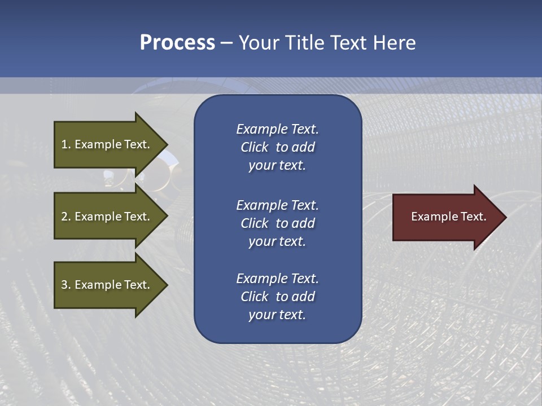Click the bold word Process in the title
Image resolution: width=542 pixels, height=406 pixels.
point(177,42)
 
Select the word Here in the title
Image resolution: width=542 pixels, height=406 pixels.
point(395,42)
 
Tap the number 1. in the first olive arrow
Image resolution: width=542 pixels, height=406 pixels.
point(66,144)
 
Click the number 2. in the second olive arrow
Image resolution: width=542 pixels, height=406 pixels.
point(66,217)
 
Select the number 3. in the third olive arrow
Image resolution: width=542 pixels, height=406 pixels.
point(66,285)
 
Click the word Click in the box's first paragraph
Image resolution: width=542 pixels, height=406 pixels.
point(254,147)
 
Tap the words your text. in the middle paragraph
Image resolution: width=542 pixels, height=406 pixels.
point(277,241)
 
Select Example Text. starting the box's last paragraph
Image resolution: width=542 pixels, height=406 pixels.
point(277,279)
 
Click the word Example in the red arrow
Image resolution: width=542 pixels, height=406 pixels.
point(432,217)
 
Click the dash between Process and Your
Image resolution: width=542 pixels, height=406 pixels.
point(227,42)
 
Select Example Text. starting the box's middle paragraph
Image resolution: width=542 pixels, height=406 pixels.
point(277,205)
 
